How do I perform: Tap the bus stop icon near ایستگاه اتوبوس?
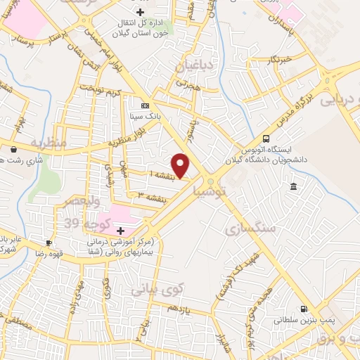tap(266, 139)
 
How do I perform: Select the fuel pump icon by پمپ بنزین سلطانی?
tap(304, 309)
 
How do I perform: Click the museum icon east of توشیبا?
tap(293, 186)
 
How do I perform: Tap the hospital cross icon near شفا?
tap(120, 231)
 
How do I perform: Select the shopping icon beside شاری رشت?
tap(15, 148)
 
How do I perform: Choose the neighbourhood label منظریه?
tap(49, 143)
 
